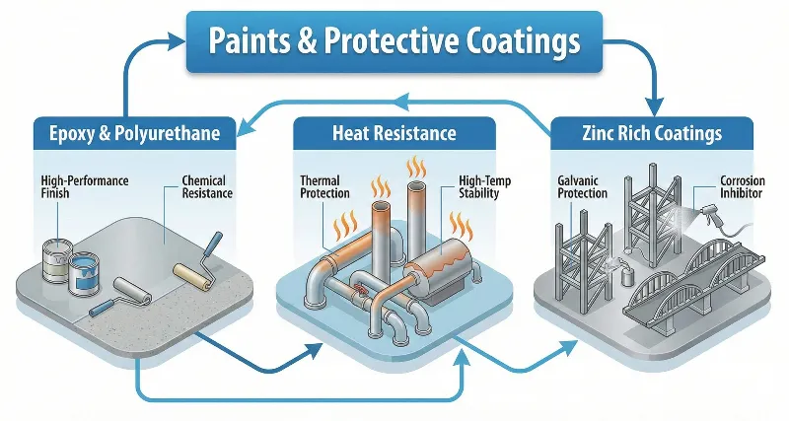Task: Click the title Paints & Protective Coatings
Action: (394, 41)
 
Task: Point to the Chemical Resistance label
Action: (204, 186)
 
